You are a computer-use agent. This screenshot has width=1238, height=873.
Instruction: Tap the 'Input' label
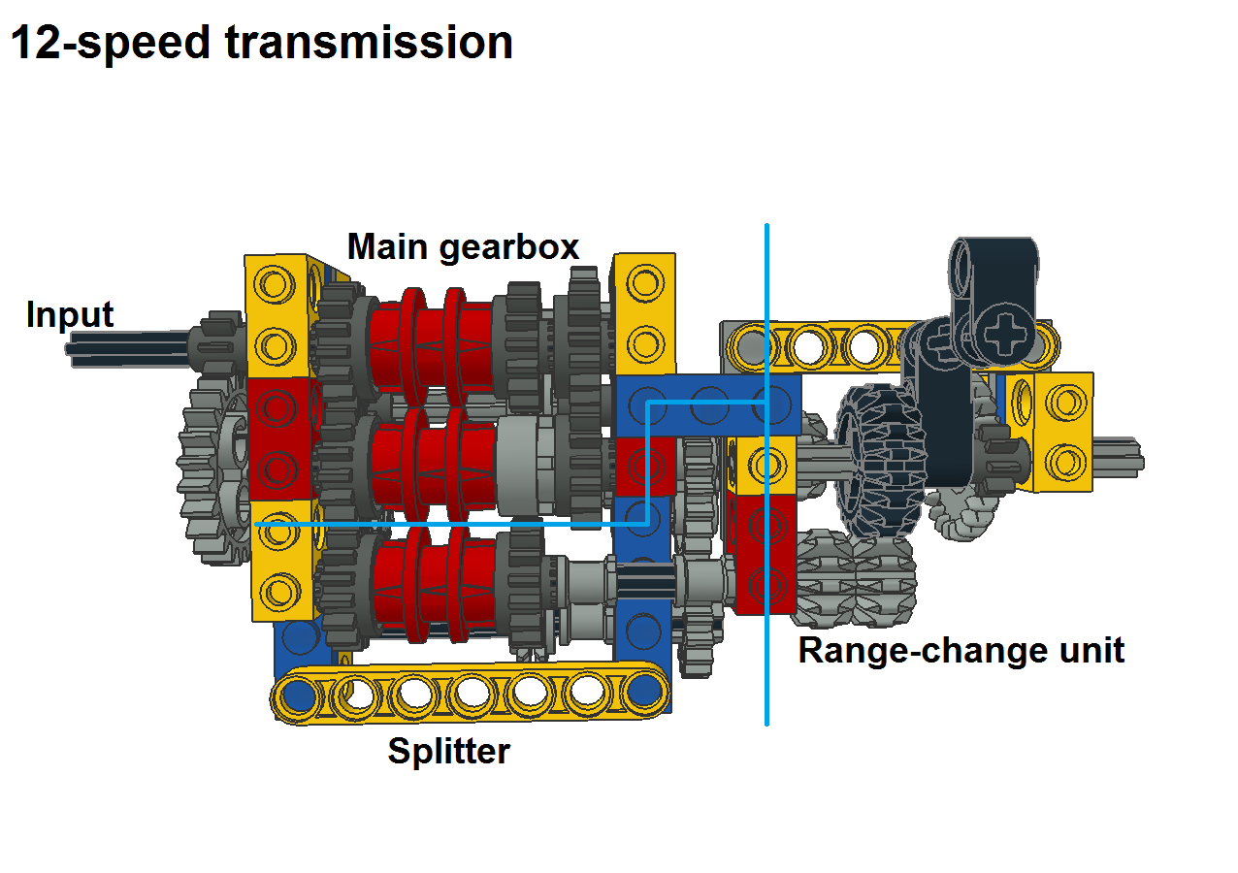[70, 315]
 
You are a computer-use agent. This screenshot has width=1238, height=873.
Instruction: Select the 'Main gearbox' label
[463, 247]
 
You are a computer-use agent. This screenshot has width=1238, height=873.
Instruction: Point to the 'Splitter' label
[448, 752]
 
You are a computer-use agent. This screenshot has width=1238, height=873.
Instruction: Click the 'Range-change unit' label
[961, 650]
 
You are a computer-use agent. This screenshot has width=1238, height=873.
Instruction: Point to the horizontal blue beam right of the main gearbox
[708, 404]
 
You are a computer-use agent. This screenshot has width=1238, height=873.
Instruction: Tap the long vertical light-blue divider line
[766, 582]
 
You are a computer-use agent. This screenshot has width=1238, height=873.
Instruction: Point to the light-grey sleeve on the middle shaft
[524, 461]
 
